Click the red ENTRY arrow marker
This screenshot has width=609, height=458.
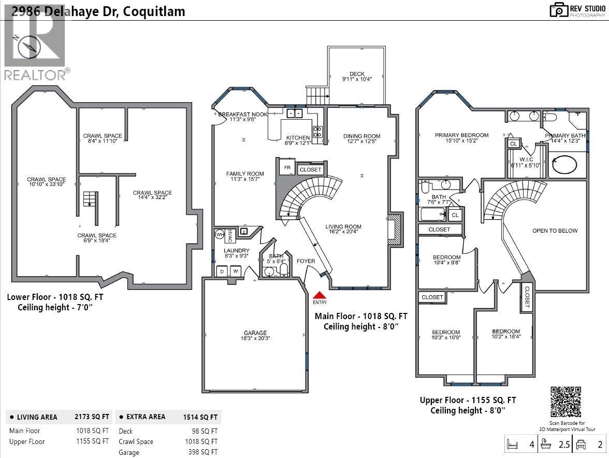[x=320, y=295]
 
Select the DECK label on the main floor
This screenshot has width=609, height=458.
[x=357, y=74]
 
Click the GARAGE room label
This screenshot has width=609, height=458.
[x=255, y=333]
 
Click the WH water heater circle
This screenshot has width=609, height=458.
[x=219, y=234]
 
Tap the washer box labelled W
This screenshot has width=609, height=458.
[x=235, y=271]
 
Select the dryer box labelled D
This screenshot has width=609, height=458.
[x=222, y=271]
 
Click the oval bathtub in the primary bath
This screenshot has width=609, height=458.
[x=564, y=165]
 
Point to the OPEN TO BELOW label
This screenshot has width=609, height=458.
[x=555, y=231]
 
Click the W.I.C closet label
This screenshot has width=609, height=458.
[x=526, y=160]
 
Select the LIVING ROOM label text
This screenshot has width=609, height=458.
[x=343, y=226]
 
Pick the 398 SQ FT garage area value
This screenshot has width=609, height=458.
[x=203, y=452]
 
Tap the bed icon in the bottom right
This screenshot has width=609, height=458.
[x=513, y=445]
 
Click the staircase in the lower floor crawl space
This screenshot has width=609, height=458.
[x=90, y=199]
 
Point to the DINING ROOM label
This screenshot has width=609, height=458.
[x=361, y=136]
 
